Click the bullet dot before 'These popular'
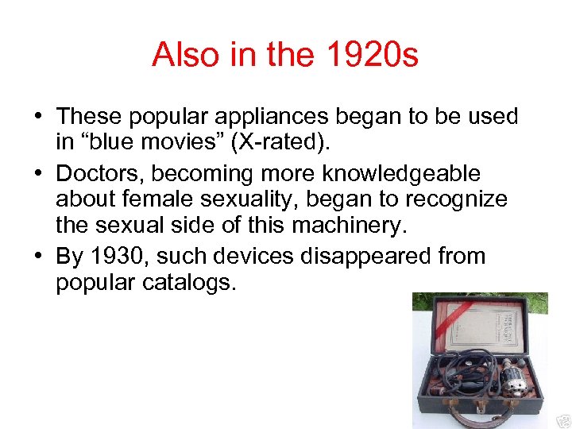click(39, 118)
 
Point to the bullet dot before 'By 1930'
click(39, 257)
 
